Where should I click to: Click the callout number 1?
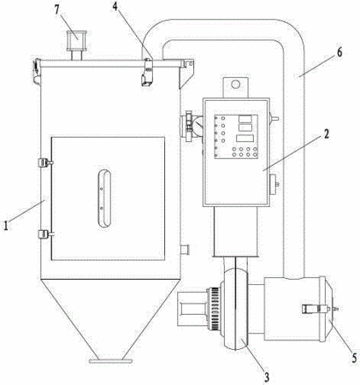tap(5, 225)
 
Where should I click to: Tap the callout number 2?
tap(326, 133)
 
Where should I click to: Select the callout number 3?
tap(266, 377)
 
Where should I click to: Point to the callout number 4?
tap(115, 6)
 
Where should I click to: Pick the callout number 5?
tap(354, 358)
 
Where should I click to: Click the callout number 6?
tap(339, 52)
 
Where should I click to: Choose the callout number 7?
tap(57, 9)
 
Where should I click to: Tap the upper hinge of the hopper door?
tap(45, 163)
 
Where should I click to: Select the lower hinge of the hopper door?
tap(45, 234)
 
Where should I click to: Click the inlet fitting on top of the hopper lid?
tap(76, 45)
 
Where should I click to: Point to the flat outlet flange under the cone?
tap(110, 361)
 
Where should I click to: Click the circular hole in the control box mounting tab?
tap(235, 84)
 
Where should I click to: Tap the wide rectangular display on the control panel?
tap(245, 139)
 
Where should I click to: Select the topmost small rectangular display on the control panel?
tap(245, 119)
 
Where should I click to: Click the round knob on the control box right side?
tap(274, 184)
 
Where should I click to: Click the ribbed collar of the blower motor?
tap(215, 309)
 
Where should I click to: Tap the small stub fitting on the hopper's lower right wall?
tap(185, 250)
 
